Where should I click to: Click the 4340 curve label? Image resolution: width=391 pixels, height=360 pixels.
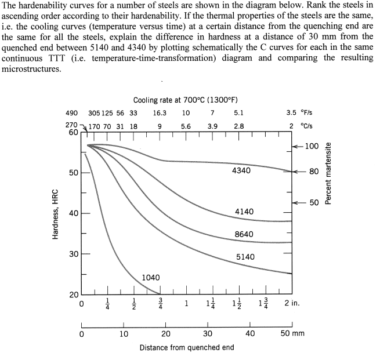pos(241,171)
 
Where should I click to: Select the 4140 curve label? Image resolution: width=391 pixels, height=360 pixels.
pos(244,212)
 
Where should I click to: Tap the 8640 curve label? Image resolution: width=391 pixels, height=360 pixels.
pos(244,234)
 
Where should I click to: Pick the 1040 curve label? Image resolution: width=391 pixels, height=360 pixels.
pos(151,278)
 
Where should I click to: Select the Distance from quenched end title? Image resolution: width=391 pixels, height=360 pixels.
pos(187,347)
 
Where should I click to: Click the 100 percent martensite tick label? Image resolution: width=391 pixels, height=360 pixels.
pos(312,146)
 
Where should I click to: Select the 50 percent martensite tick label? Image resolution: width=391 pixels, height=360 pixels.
pos(314,202)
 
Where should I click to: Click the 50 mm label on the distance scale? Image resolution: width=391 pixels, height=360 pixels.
pos(292,333)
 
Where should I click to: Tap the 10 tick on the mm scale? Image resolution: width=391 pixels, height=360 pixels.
pos(124,333)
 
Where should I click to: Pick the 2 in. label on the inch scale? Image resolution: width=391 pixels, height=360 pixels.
pos(293,303)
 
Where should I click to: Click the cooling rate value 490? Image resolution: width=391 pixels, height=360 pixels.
pos(71,114)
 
